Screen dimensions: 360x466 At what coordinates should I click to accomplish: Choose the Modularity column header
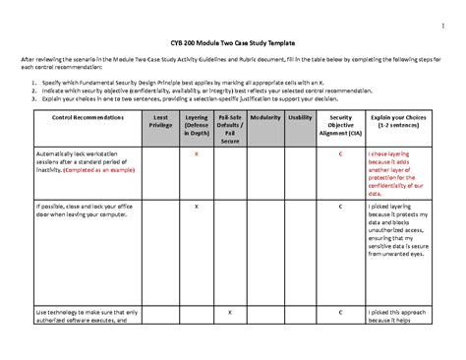click(x=265, y=116)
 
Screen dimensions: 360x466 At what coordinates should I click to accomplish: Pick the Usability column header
click(x=300, y=116)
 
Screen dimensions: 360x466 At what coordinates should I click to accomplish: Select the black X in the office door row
click(x=197, y=207)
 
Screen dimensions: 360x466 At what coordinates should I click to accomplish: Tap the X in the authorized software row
click(x=230, y=312)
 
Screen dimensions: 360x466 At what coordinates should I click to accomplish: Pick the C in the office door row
click(x=340, y=207)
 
